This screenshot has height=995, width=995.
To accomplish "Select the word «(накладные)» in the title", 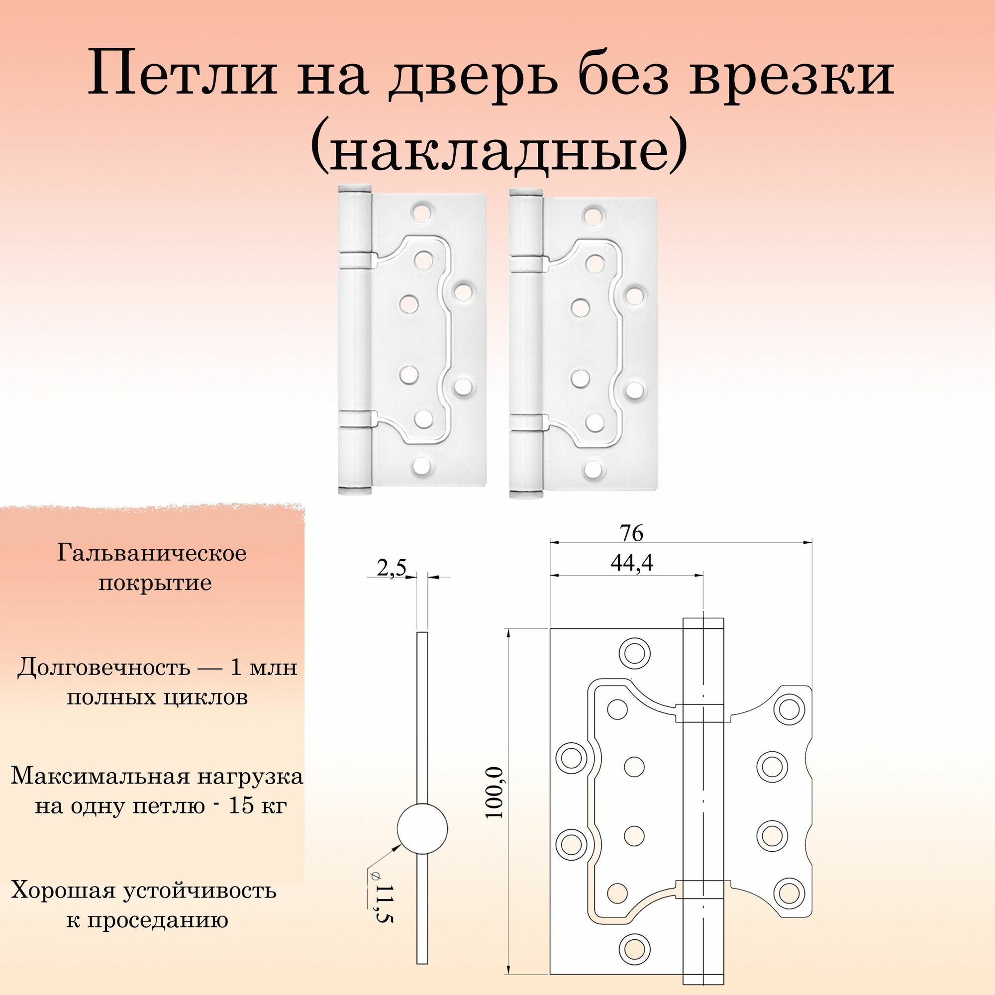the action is coord(498,149).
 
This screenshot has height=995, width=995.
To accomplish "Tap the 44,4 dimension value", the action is coord(632,564).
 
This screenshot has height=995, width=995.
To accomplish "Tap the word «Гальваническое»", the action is coord(152,554).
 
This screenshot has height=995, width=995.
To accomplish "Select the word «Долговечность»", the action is coord(102,669).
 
